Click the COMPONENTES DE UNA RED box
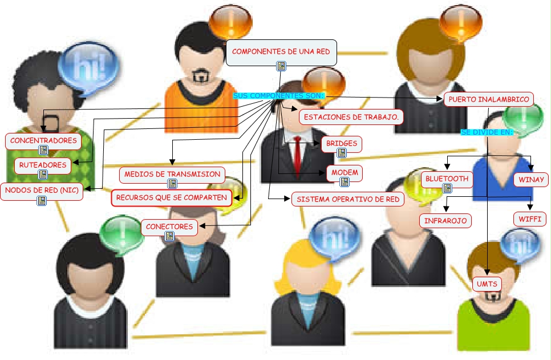pyautogui.click(x=281, y=52)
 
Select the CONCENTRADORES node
pyautogui.click(x=43, y=140)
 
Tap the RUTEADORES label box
pyautogui.click(x=43, y=165)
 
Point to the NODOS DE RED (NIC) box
pyautogui.click(x=42, y=190)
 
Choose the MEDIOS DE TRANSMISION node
pyautogui.click(x=172, y=174)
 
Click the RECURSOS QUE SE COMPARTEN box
pyautogui.click(x=172, y=198)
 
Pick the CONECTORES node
pyautogui.click(x=169, y=226)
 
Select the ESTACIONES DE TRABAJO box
pyautogui.click(x=351, y=117)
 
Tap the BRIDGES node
pyautogui.click(x=342, y=143)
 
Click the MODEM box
pyautogui.click(x=345, y=173)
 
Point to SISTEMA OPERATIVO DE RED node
pyautogui.click(x=348, y=199)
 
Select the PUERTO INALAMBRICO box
pyautogui.click(x=489, y=99)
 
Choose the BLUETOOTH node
pyautogui.click(x=447, y=179)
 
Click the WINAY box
pyautogui.click(x=531, y=180)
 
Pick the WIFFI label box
pyautogui.click(x=530, y=219)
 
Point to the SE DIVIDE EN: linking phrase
pyautogui.click(x=487, y=132)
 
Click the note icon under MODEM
pyautogui.click(x=345, y=182)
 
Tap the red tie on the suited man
pyautogui.click(x=297, y=154)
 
